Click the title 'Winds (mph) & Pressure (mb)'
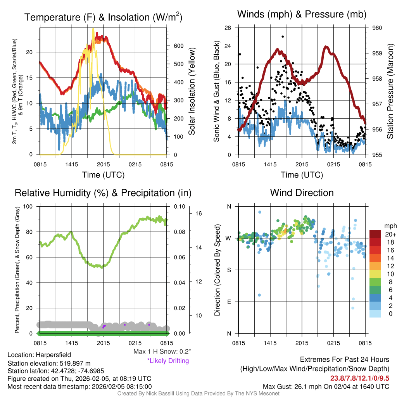pyautogui.click(x=302, y=15)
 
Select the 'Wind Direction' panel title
pyautogui.click(x=302, y=193)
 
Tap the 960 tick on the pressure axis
pyautogui.click(x=378, y=28)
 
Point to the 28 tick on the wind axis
pyautogui.click(x=228, y=28)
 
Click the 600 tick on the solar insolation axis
pyautogui.click(x=178, y=46)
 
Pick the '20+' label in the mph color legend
pyautogui.click(x=390, y=234)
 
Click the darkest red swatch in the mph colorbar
pyautogui.click(x=375, y=234)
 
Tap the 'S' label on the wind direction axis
pyautogui.click(x=229, y=270)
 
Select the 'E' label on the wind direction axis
pyautogui.click(x=229, y=302)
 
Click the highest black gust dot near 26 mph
pyautogui.click(x=283, y=36)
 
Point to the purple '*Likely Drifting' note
pyautogui.click(x=168, y=361)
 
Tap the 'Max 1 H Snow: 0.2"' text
pyautogui.click(x=162, y=351)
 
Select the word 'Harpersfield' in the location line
pyautogui.click(x=54, y=355)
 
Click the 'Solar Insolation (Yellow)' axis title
pyautogui.click(x=191, y=91)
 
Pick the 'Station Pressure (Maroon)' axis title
pyautogui.click(x=390, y=91)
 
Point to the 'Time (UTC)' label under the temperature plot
pyautogui.click(x=103, y=175)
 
